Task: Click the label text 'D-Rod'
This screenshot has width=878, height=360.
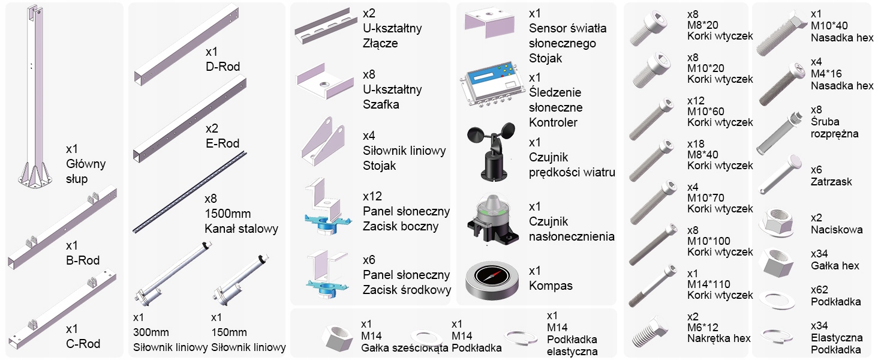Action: click(x=222, y=66)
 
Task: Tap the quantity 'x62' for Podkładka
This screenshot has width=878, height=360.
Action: click(x=820, y=290)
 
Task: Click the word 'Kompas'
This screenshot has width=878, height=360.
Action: click(x=551, y=286)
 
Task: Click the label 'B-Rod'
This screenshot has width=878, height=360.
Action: click(x=83, y=260)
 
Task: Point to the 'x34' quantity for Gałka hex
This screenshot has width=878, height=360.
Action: click(x=820, y=254)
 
